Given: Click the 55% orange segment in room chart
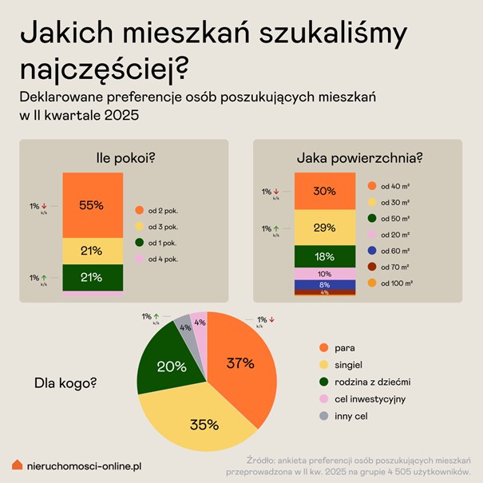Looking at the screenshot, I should [x=91, y=205].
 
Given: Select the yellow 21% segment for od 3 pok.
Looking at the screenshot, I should [x=91, y=251].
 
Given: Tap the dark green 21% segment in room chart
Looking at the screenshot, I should [x=91, y=277].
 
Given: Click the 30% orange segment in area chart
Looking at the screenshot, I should [x=324, y=192].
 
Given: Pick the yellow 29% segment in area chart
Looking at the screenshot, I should [x=324, y=228].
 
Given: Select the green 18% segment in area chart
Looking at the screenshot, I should [x=324, y=256].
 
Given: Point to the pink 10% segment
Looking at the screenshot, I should [x=324, y=274].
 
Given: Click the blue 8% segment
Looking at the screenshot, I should [x=324, y=284].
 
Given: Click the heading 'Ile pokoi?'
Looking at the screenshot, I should [x=124, y=157].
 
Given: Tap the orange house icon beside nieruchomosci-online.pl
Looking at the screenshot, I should [x=17, y=465].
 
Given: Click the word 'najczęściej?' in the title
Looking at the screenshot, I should [x=103, y=69].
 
